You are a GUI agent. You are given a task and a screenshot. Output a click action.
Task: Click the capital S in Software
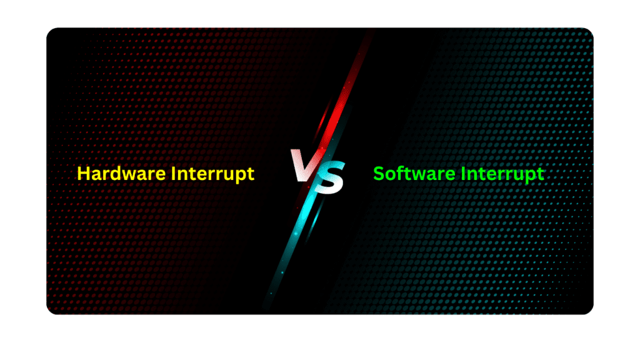(x=378, y=174)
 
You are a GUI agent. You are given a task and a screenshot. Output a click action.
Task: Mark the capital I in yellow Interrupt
(x=174, y=174)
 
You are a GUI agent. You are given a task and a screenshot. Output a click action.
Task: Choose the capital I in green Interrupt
(x=464, y=174)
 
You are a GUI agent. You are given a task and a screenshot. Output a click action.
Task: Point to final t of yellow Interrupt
(x=251, y=174)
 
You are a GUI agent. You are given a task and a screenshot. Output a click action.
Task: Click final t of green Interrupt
(x=541, y=174)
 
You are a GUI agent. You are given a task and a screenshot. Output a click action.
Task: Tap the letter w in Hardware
(x=130, y=175)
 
